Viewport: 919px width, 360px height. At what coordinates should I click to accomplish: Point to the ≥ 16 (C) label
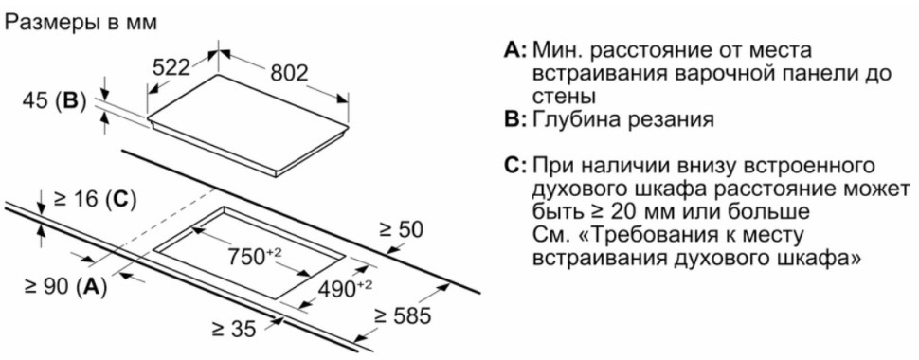point(94,199)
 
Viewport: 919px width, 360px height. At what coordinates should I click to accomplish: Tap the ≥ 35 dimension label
point(232,329)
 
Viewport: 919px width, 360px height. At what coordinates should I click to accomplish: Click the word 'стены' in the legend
point(565,96)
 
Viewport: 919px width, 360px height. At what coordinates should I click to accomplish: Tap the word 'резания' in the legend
point(663,119)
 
